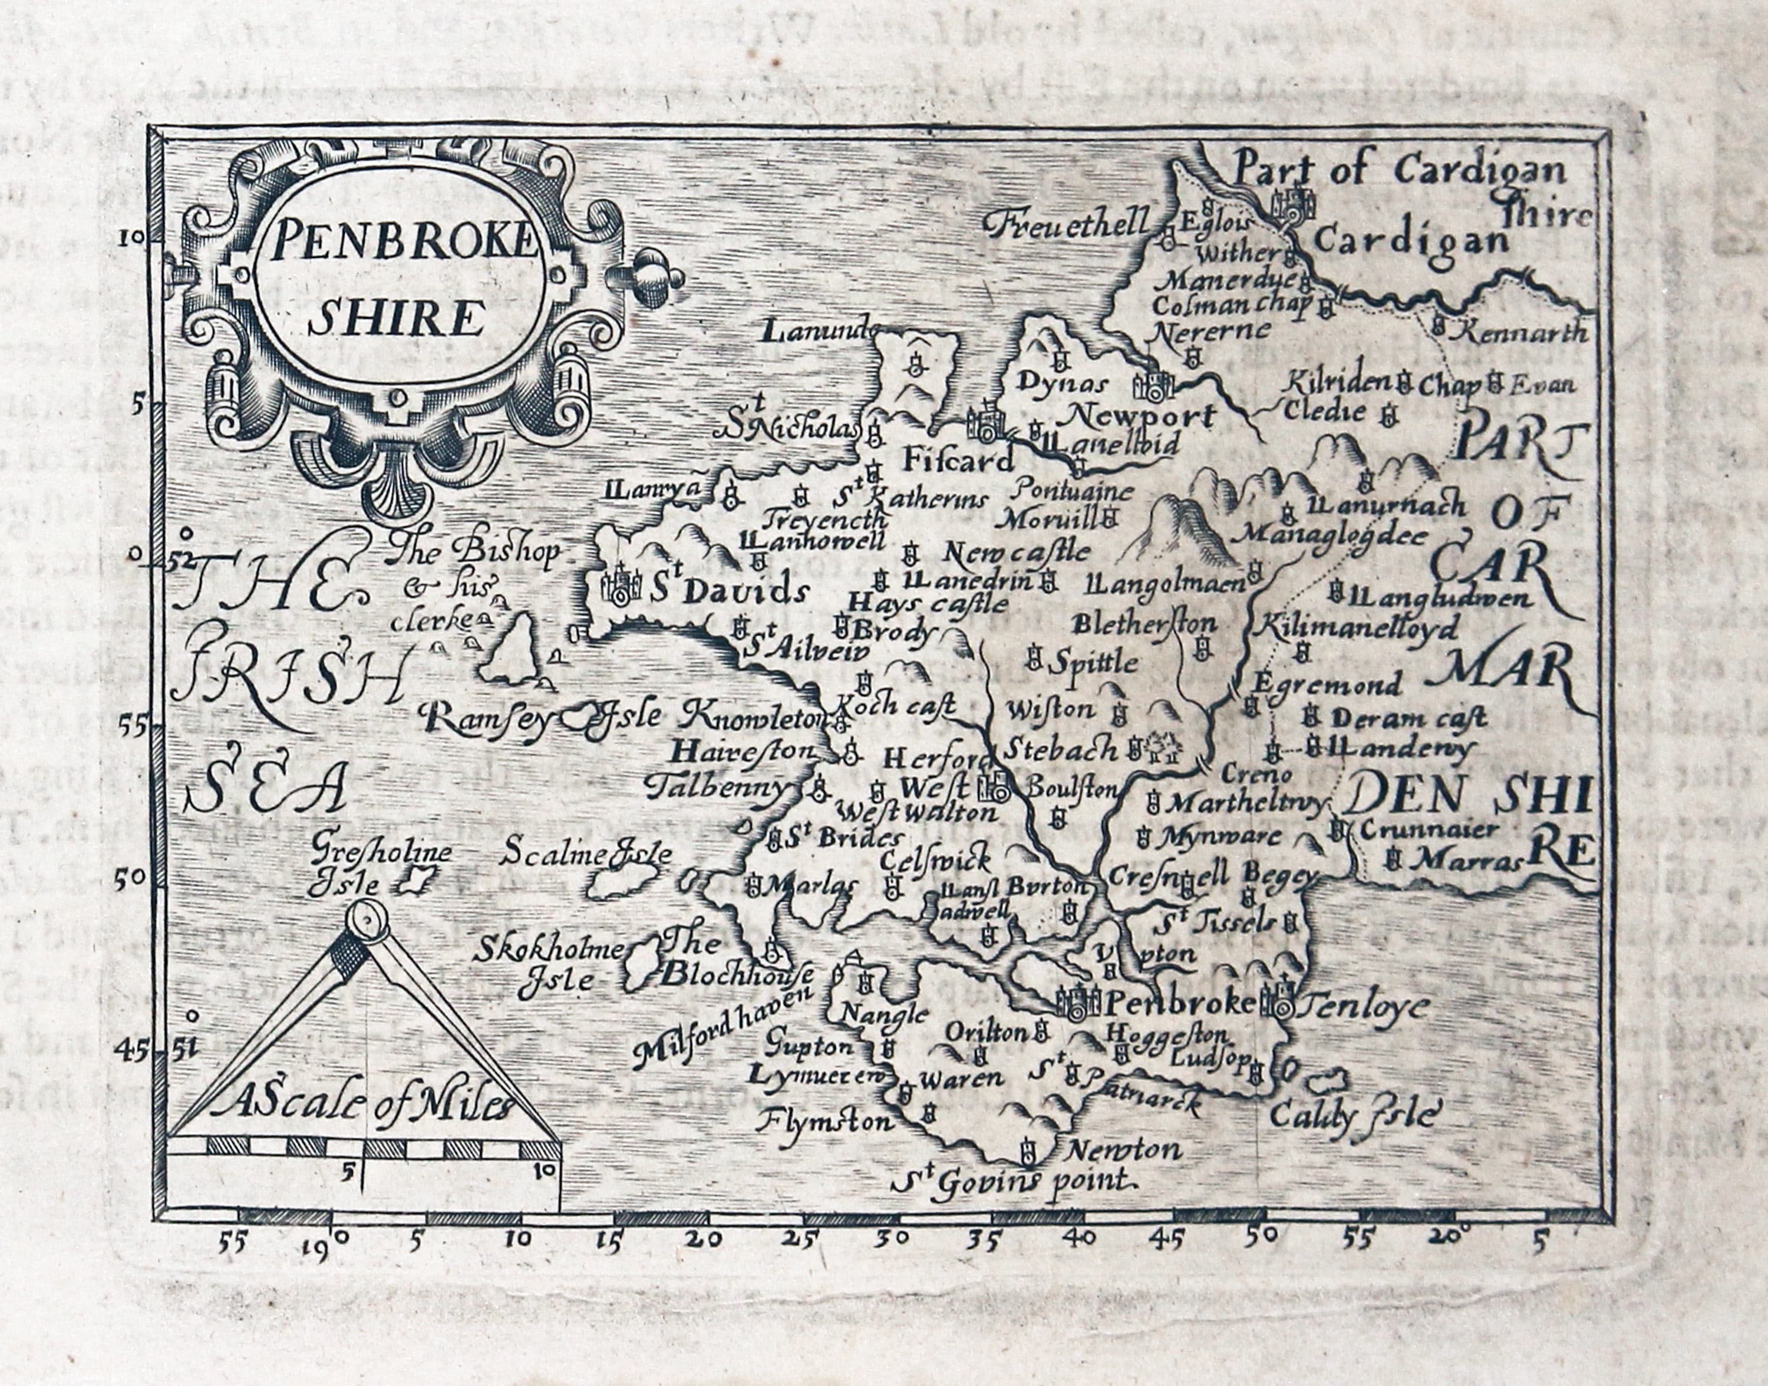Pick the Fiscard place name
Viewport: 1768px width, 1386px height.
958,461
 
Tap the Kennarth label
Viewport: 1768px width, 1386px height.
1522,331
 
